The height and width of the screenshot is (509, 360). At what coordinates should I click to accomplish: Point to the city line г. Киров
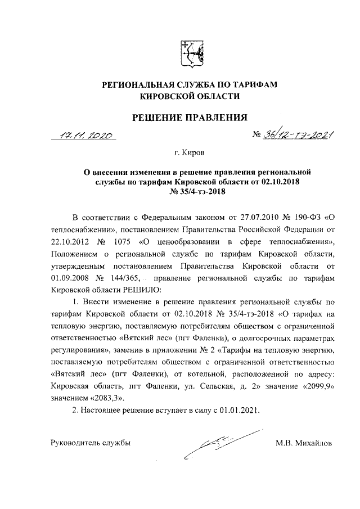(x=190, y=152)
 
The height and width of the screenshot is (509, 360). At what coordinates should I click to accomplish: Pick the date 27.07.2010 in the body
(x=253, y=218)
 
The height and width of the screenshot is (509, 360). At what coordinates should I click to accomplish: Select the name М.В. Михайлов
(x=304, y=443)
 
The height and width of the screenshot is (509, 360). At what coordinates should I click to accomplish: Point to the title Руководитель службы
(x=91, y=443)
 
